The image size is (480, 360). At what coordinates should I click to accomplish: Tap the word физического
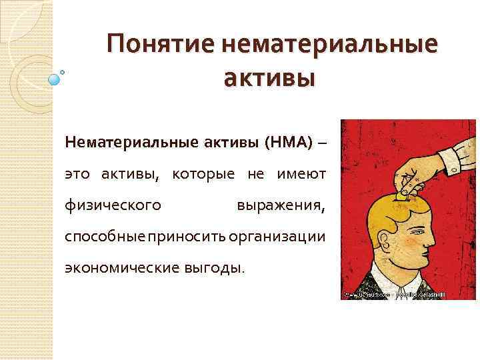(x=113, y=205)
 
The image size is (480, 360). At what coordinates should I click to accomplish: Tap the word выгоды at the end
(x=217, y=268)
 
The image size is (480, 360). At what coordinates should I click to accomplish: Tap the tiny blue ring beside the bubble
(x=63, y=71)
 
